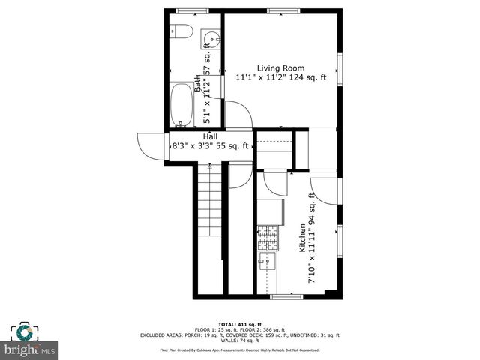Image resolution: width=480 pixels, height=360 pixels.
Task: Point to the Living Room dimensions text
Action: pyautogui.click(x=281, y=77)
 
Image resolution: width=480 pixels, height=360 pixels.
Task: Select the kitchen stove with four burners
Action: pyautogui.click(x=267, y=238)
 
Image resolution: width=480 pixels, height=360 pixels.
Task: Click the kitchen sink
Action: pyautogui.click(x=267, y=261)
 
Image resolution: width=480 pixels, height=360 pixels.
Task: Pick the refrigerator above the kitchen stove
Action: pyautogui.click(x=269, y=211)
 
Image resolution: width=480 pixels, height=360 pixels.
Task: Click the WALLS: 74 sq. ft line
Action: pyautogui.click(x=240, y=341)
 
